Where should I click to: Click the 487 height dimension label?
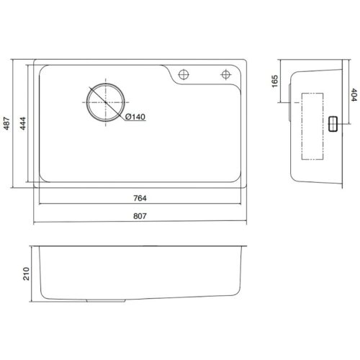click(x=8, y=125)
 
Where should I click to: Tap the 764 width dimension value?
click(x=141, y=198)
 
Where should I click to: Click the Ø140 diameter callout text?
click(x=136, y=117)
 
